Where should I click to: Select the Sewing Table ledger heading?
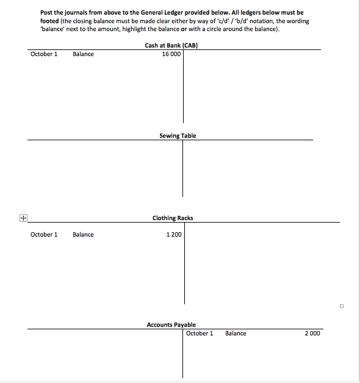pyautogui.click(x=178, y=135)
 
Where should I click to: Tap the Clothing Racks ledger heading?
pyautogui.click(x=173, y=218)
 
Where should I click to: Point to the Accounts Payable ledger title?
pyautogui.click(x=171, y=325)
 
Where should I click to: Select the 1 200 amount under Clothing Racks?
pyautogui.click(x=174, y=234)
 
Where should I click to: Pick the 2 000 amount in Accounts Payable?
pyautogui.click(x=312, y=334)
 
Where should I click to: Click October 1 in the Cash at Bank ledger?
pyautogui.click(x=44, y=54)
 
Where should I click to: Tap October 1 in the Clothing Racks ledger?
pyautogui.click(x=44, y=234)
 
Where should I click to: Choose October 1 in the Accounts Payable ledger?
pyautogui.click(x=200, y=334)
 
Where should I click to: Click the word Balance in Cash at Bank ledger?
pyautogui.click(x=83, y=54)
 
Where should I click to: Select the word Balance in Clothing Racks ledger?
pyautogui.click(x=83, y=234)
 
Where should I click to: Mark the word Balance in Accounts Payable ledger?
pyautogui.click(x=236, y=334)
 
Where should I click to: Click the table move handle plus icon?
pyautogui.click(x=23, y=217)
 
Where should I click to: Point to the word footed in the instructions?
pyautogui.click(x=49, y=21)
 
